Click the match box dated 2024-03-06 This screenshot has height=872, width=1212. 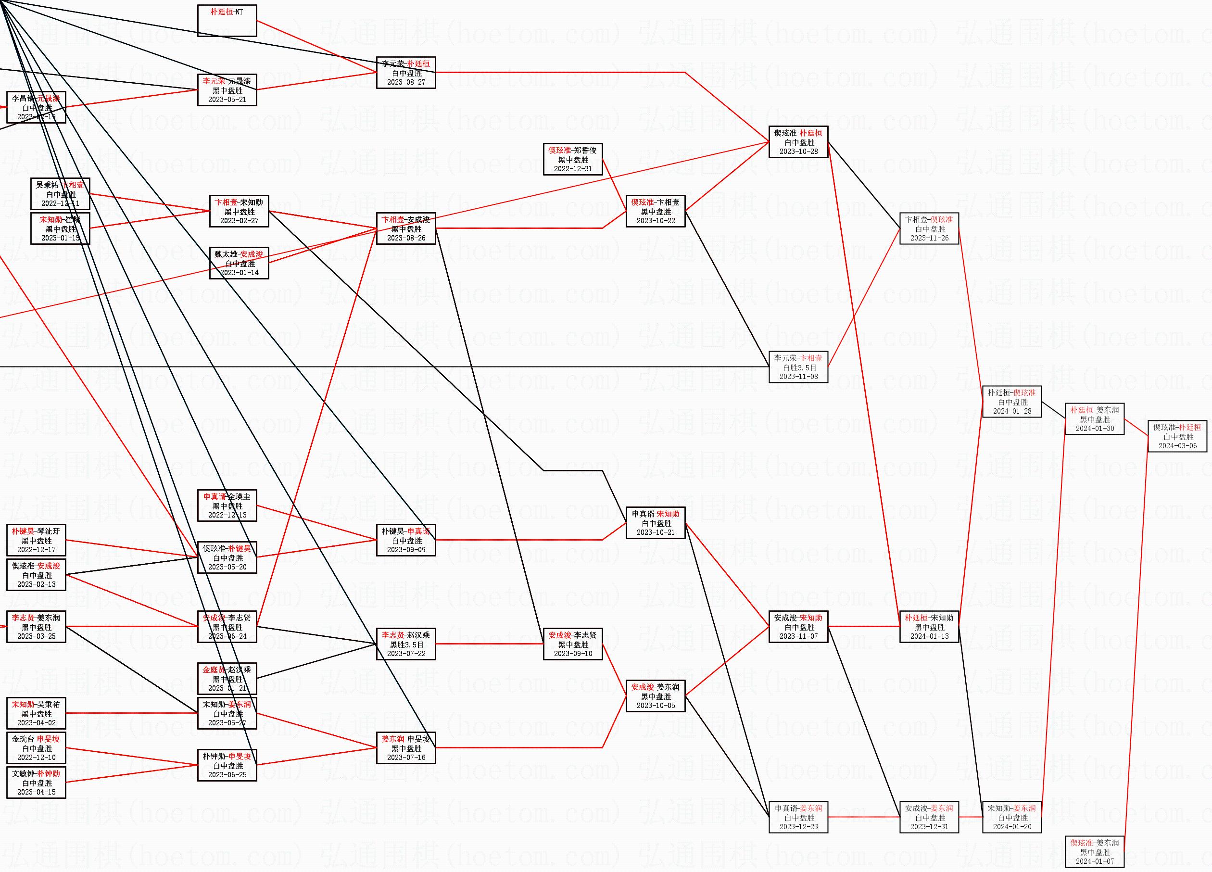pyautogui.click(x=1177, y=436)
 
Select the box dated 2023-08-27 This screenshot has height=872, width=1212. pyautogui.click(x=405, y=73)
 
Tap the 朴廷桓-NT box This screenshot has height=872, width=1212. pyautogui.click(x=227, y=20)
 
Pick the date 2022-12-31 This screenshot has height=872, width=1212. pyautogui.click(x=573, y=168)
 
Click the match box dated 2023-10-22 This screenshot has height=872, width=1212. pyautogui.click(x=656, y=212)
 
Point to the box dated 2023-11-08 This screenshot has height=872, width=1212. pyautogui.click(x=798, y=367)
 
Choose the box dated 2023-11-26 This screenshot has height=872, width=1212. pyautogui.click(x=929, y=228)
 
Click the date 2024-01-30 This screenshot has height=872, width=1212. pyautogui.click(x=1095, y=428)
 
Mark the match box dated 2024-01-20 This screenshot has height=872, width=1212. pyautogui.click(x=1012, y=818)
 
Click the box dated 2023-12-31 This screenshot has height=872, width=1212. pyautogui.click(x=929, y=818)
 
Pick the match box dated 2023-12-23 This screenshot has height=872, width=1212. pyautogui.click(x=798, y=818)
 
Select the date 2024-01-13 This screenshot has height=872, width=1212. pyautogui.click(x=929, y=636)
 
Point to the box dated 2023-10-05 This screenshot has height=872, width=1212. pyautogui.click(x=656, y=696)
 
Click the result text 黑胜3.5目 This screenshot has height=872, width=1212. pyautogui.click(x=406, y=645)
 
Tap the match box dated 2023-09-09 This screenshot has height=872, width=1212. pyautogui.click(x=405, y=540)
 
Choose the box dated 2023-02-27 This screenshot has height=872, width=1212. pyautogui.click(x=239, y=212)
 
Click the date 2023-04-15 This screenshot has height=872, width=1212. pyautogui.click(x=37, y=792)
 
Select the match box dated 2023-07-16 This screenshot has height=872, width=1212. pyautogui.click(x=405, y=748)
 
